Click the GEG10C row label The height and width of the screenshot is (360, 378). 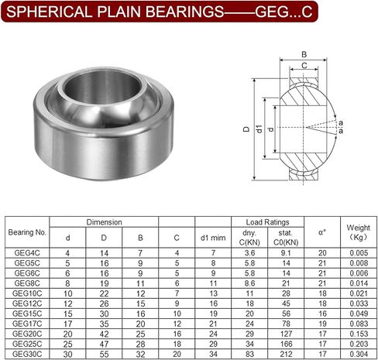(27, 293)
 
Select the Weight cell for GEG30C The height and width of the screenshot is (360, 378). (359, 354)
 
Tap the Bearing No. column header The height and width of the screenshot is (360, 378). (27, 232)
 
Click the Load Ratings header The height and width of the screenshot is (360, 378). (267, 222)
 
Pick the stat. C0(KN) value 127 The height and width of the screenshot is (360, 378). (286, 334)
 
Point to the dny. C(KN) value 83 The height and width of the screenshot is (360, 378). (249, 354)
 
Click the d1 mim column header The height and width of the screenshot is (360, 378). (213, 238)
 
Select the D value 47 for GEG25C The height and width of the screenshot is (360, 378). (104, 344)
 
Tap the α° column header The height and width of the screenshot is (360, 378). (322, 232)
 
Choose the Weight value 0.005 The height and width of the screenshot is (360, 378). (359, 253)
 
